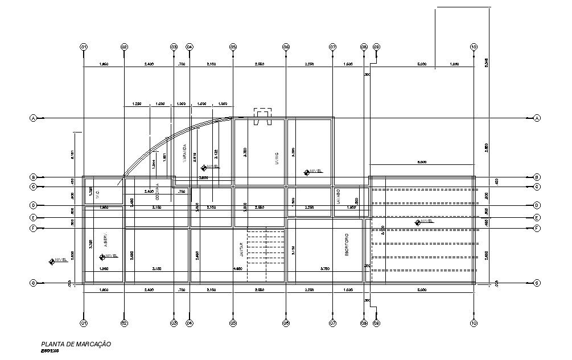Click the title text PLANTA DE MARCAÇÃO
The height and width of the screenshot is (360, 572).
point(76,344)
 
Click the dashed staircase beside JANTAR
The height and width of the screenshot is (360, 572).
point(266,255)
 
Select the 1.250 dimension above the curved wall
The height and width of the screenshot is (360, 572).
point(137,104)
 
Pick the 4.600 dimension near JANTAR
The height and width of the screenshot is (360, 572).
point(237,268)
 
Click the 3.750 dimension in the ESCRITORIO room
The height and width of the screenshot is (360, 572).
point(325,268)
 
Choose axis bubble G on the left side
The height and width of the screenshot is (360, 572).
point(33,283)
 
